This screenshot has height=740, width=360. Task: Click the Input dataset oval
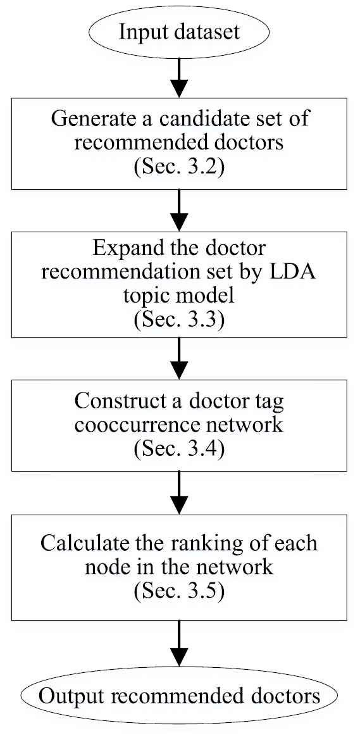point(179,32)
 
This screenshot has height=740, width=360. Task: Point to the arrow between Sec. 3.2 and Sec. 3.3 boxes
point(179,211)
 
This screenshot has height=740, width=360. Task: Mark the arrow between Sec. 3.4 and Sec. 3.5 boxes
point(179,492)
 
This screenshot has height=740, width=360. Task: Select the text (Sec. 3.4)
point(179,449)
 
